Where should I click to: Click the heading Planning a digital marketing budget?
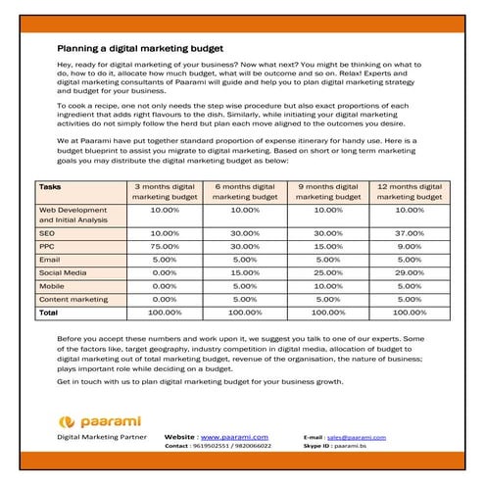click(139, 47)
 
